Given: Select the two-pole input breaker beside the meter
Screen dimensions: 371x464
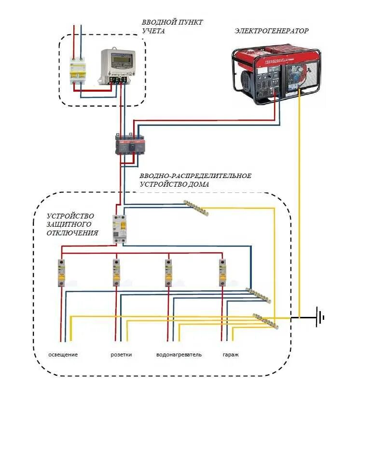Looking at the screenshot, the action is [x=78, y=71].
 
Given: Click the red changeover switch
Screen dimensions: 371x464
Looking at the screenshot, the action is [x=130, y=145].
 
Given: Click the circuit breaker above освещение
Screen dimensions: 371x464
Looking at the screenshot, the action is [x=61, y=273].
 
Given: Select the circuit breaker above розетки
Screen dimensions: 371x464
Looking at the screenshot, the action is [x=116, y=273].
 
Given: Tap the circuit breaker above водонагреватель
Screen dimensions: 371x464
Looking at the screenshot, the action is [x=168, y=273].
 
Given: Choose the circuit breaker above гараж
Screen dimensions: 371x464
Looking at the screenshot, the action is [x=222, y=273].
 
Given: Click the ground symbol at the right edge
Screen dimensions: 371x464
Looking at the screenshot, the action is [x=320, y=317].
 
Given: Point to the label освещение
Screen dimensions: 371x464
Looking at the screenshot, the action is [x=63, y=355].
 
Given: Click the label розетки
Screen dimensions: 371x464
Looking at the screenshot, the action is [x=121, y=355].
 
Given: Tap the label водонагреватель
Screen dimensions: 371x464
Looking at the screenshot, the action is [x=179, y=355].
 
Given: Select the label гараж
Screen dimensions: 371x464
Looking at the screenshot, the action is [x=231, y=355].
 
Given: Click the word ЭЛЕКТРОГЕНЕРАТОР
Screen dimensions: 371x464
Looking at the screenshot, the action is [x=272, y=31].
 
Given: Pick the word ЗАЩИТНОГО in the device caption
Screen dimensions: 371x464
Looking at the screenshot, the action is [x=69, y=224].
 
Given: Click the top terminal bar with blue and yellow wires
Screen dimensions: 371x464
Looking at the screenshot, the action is [x=196, y=208].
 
